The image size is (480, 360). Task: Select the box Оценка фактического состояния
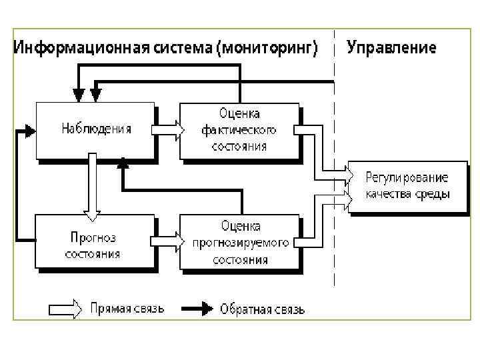pos(238,130)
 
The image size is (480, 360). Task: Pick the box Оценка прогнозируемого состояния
pos(238,243)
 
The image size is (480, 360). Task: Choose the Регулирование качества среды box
pos(407,186)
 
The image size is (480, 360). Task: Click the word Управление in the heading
pos(391,48)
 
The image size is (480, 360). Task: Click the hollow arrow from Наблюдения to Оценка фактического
pos(167,129)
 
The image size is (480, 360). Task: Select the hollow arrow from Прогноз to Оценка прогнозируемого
pos(167,239)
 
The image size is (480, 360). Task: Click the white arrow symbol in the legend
pos(65,309)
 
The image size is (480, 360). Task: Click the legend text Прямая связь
pos(127,309)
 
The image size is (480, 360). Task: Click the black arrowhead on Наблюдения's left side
pos(27,130)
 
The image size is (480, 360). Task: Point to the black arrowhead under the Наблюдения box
pos(122,163)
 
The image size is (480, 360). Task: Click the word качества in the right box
pos(385,194)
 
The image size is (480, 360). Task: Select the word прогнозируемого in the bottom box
pos(241,243)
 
